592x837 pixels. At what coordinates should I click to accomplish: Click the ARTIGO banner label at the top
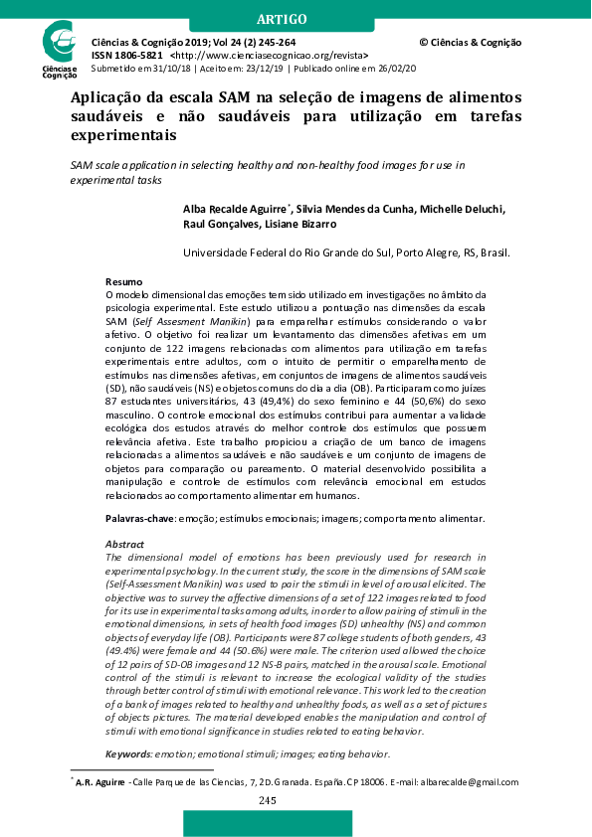[x=296, y=19]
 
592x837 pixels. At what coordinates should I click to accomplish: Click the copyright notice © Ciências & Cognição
[x=470, y=43]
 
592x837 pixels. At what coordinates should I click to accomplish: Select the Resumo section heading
[x=123, y=282]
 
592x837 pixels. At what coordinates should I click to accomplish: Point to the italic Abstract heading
[x=124, y=544]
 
